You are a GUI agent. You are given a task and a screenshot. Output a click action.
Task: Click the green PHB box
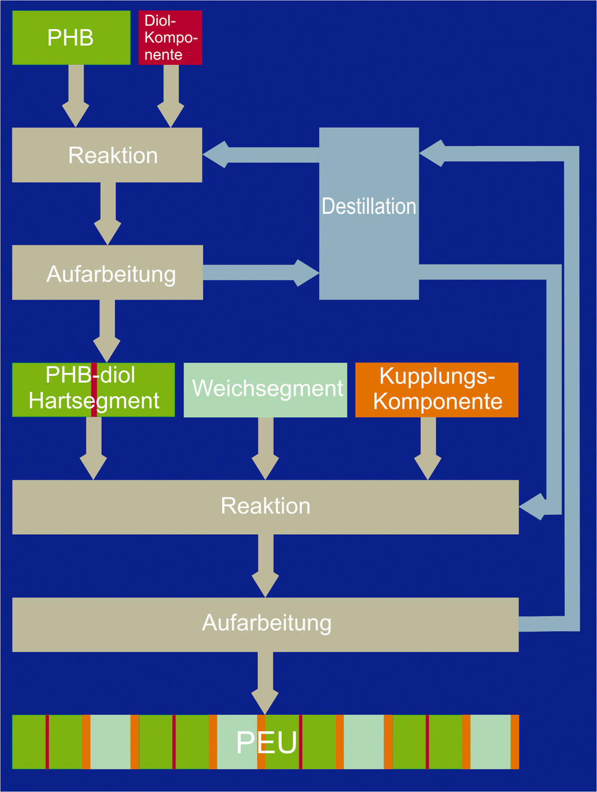coord(71,38)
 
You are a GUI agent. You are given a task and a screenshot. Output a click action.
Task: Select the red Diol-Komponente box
coord(170,38)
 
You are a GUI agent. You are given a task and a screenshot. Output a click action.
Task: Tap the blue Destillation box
coord(369,213)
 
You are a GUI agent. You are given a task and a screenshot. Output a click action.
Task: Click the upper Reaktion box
coord(107,155)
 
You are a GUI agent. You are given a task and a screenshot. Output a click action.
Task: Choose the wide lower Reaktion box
coord(265,507)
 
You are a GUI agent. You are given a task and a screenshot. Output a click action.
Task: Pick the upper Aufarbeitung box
coord(107,273)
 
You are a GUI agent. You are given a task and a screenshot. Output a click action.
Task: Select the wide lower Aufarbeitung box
coord(265,624)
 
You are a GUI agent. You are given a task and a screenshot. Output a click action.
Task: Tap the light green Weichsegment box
coord(265,390)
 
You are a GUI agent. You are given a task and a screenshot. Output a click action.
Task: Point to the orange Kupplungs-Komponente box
coord(436,390)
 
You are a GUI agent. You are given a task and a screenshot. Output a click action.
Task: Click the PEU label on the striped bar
coord(266,742)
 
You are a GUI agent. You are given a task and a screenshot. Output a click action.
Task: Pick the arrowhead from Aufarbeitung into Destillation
coord(306,273)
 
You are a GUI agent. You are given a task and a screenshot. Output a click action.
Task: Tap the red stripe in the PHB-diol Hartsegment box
coord(94,390)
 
